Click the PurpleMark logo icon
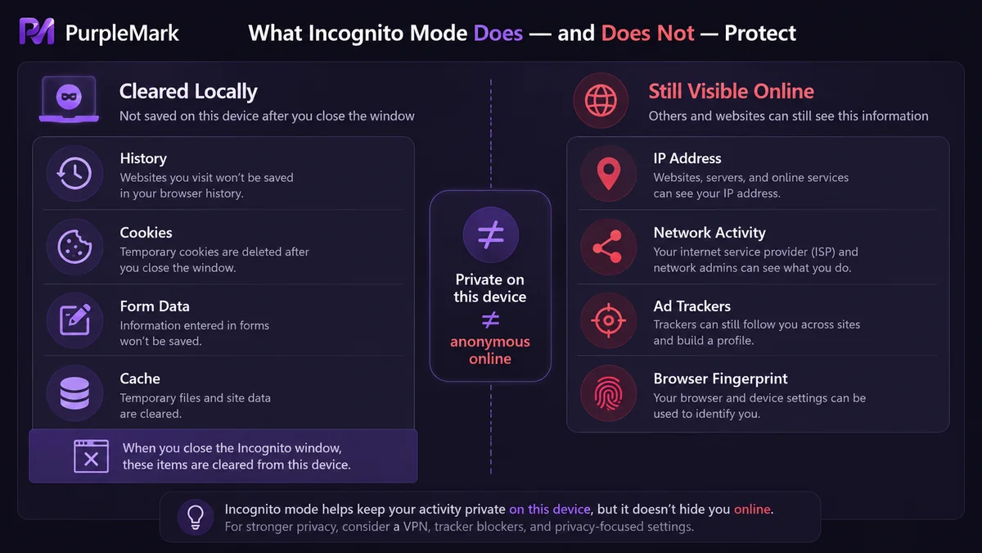pyautogui.click(x=37, y=31)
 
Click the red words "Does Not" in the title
pyautogui.click(x=647, y=33)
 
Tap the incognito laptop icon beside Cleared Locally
pyautogui.click(x=69, y=99)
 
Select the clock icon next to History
pyautogui.click(x=74, y=174)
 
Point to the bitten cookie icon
pyautogui.click(x=74, y=247)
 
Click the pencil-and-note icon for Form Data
pyautogui.click(x=75, y=320)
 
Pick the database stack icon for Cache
pyautogui.click(x=74, y=393)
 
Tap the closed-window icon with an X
pyautogui.click(x=91, y=456)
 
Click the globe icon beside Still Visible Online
pyautogui.click(x=601, y=101)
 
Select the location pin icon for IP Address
pyautogui.click(x=609, y=174)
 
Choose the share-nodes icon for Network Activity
pyautogui.click(x=608, y=247)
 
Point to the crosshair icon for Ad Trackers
pyautogui.click(x=609, y=320)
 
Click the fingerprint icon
pyautogui.click(x=609, y=394)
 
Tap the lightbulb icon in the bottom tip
pyautogui.click(x=196, y=517)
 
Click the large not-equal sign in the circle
pyautogui.click(x=490, y=234)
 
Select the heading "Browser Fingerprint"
pyautogui.click(x=720, y=378)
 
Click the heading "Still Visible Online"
pyautogui.click(x=732, y=91)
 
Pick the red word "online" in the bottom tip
pyautogui.click(x=752, y=509)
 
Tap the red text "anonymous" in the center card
pyautogui.click(x=490, y=342)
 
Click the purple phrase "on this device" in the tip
pyautogui.click(x=550, y=509)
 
